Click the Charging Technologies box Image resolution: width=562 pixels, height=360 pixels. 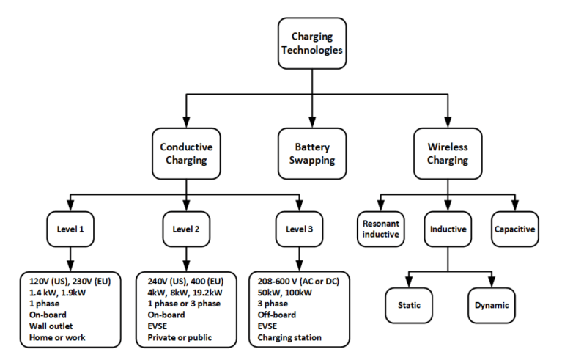[x=312, y=43]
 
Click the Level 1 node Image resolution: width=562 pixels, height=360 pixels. [x=70, y=229]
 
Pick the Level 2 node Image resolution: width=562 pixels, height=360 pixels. [x=186, y=229]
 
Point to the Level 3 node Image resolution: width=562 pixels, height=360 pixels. [x=299, y=229]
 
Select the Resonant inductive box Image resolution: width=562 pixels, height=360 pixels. [x=380, y=229]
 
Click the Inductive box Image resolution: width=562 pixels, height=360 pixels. [x=448, y=229]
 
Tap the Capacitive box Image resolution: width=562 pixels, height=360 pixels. [x=513, y=229]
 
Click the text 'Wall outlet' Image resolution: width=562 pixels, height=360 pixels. [x=53, y=326]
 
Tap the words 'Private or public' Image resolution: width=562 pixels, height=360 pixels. [x=180, y=337]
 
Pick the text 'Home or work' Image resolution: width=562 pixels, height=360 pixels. [x=57, y=337]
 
